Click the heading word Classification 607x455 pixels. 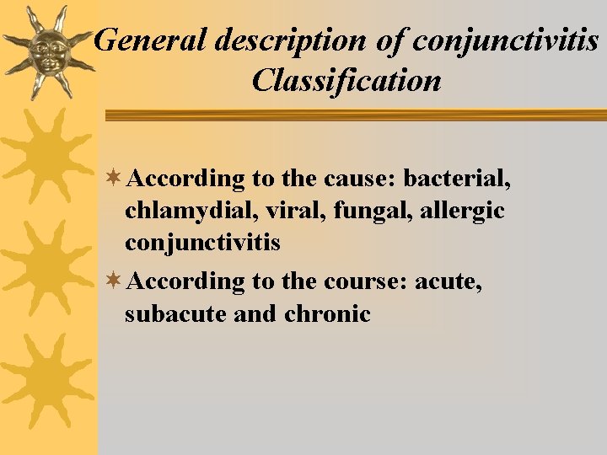pyautogui.click(x=346, y=80)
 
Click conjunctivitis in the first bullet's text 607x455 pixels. pyautogui.click(x=202, y=244)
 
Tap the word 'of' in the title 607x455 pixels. pyautogui.click(x=389, y=40)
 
